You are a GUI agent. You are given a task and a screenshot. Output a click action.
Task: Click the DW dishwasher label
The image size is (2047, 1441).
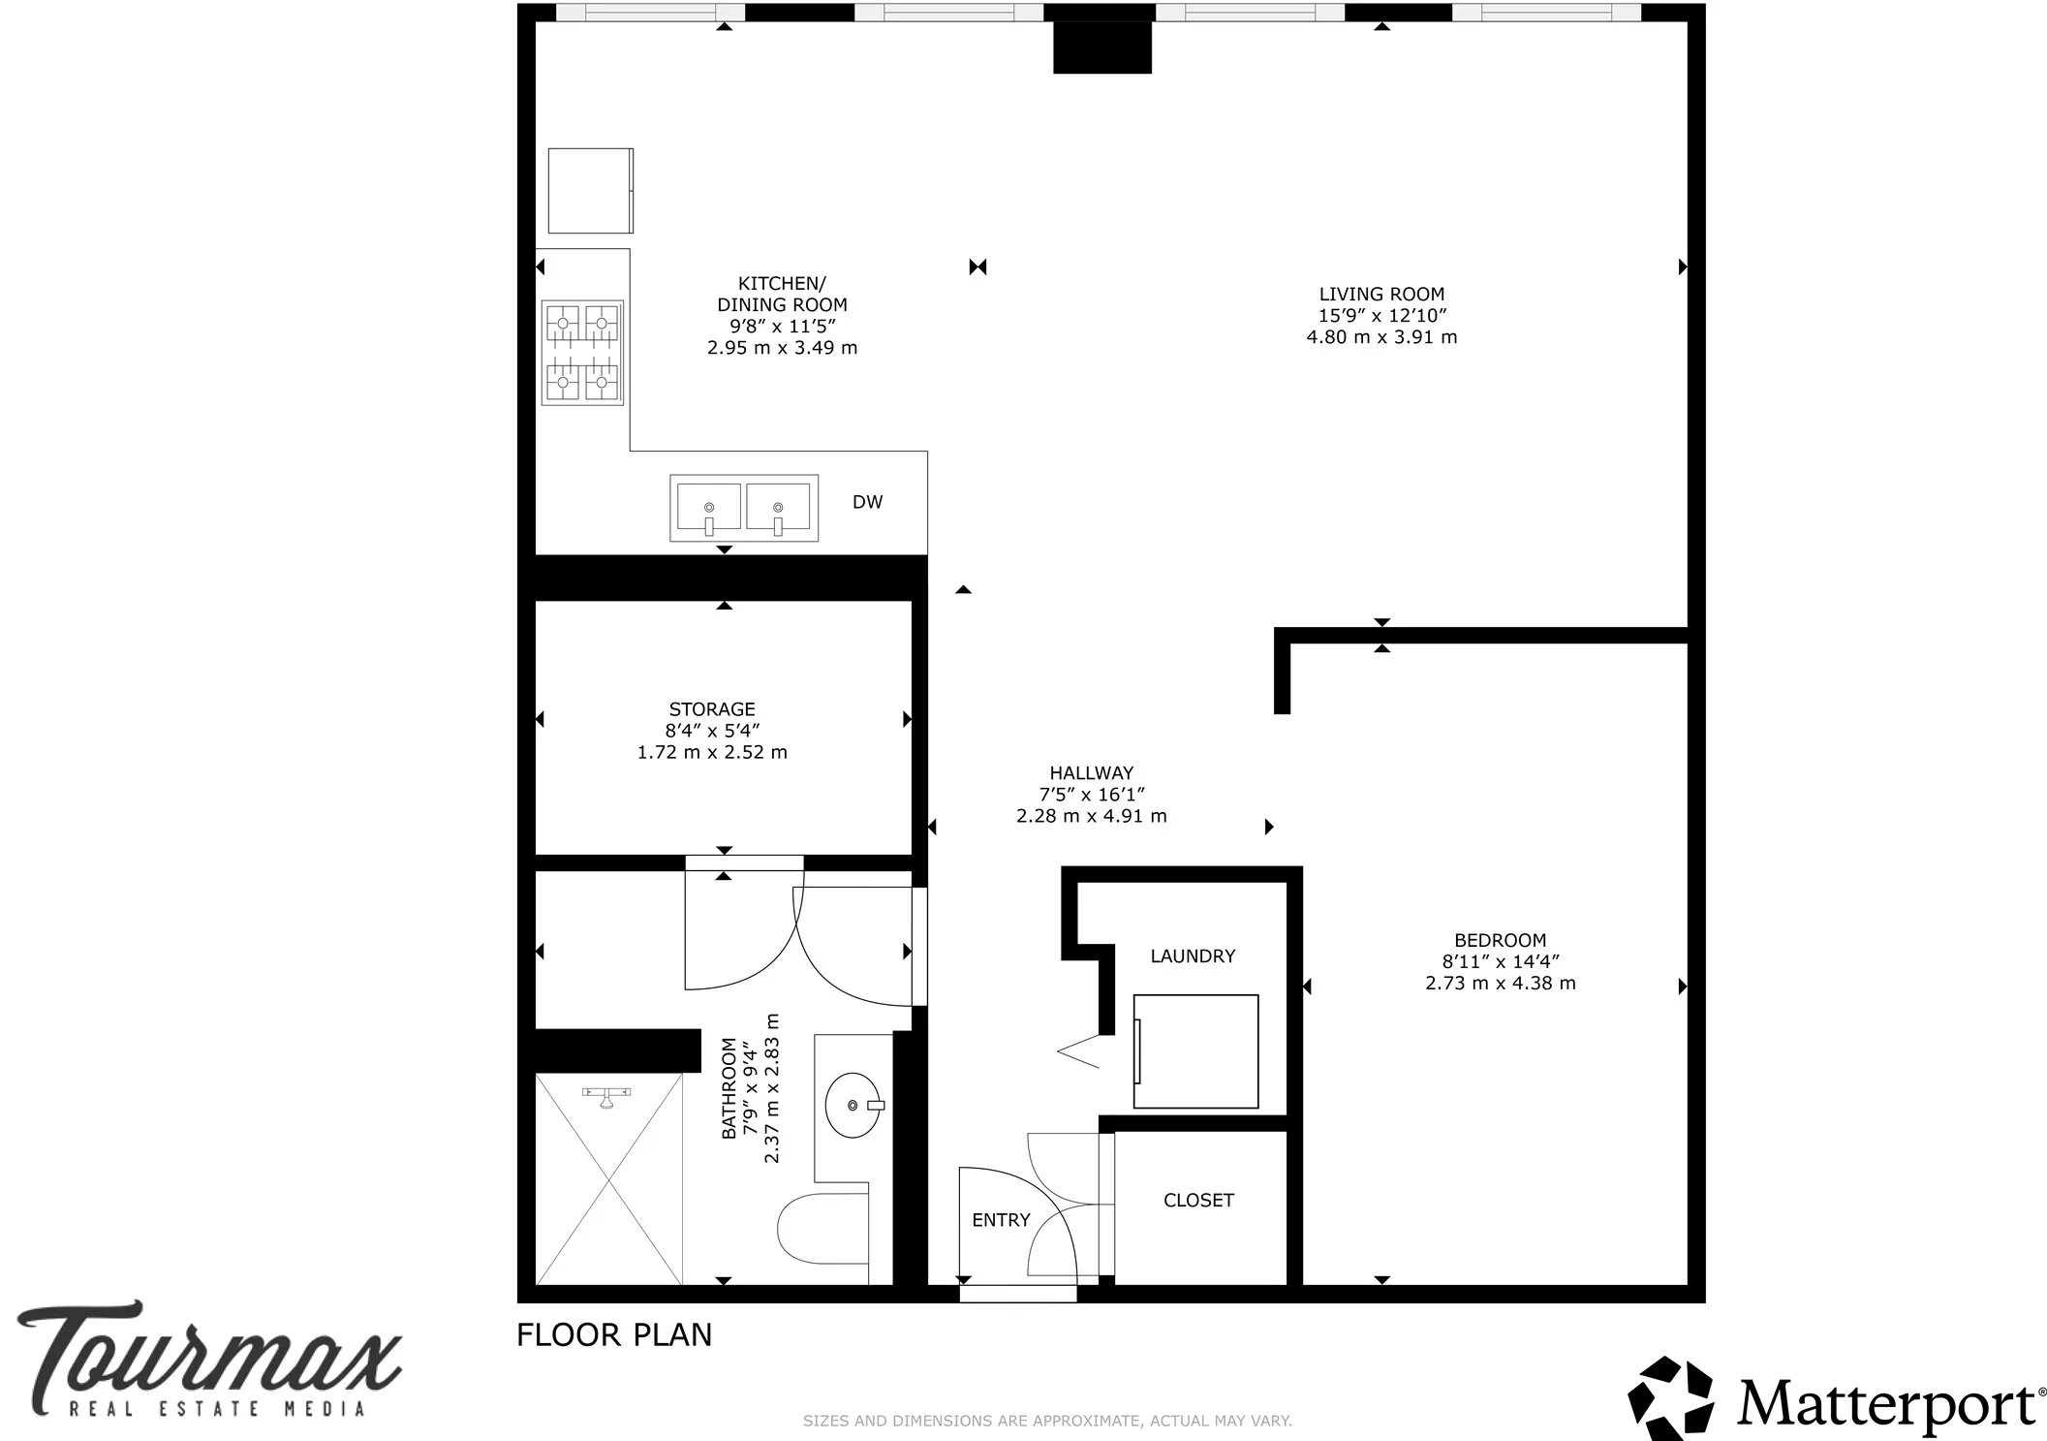coord(867,502)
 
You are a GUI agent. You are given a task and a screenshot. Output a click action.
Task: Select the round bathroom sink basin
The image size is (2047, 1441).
coord(853,1105)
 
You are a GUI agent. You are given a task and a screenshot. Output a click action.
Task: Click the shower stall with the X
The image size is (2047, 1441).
coord(608,1178)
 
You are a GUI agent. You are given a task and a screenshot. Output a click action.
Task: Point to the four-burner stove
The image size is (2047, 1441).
coord(582,353)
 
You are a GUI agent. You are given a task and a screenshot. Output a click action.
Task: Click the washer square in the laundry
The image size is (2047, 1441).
coord(1195,1051)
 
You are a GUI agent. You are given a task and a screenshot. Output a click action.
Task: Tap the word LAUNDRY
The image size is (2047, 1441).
coord(1193,956)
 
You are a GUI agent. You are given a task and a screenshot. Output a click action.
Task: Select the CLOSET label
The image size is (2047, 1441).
coord(1198,1201)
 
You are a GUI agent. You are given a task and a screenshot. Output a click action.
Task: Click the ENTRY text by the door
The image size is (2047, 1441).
coord(1001,1220)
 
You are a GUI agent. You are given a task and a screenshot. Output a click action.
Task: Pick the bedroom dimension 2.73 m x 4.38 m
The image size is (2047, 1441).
coord(1500,984)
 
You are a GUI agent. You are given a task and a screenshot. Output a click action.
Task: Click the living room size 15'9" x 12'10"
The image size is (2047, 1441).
coord(1381,316)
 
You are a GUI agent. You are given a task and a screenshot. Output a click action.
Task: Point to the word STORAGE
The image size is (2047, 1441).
coord(712,709)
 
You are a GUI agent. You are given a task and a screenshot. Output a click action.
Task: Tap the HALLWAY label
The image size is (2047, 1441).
coord(1091,773)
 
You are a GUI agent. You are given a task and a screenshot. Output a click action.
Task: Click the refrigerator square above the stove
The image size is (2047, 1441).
coord(590,191)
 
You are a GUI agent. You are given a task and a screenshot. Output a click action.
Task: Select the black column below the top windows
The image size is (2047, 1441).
coord(1101,47)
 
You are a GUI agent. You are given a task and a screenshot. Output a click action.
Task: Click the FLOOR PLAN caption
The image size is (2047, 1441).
coord(614,1335)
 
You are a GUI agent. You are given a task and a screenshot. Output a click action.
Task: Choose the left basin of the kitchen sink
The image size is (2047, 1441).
coord(708,507)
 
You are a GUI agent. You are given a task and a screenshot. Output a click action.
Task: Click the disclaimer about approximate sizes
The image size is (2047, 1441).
coord(1047,1421)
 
